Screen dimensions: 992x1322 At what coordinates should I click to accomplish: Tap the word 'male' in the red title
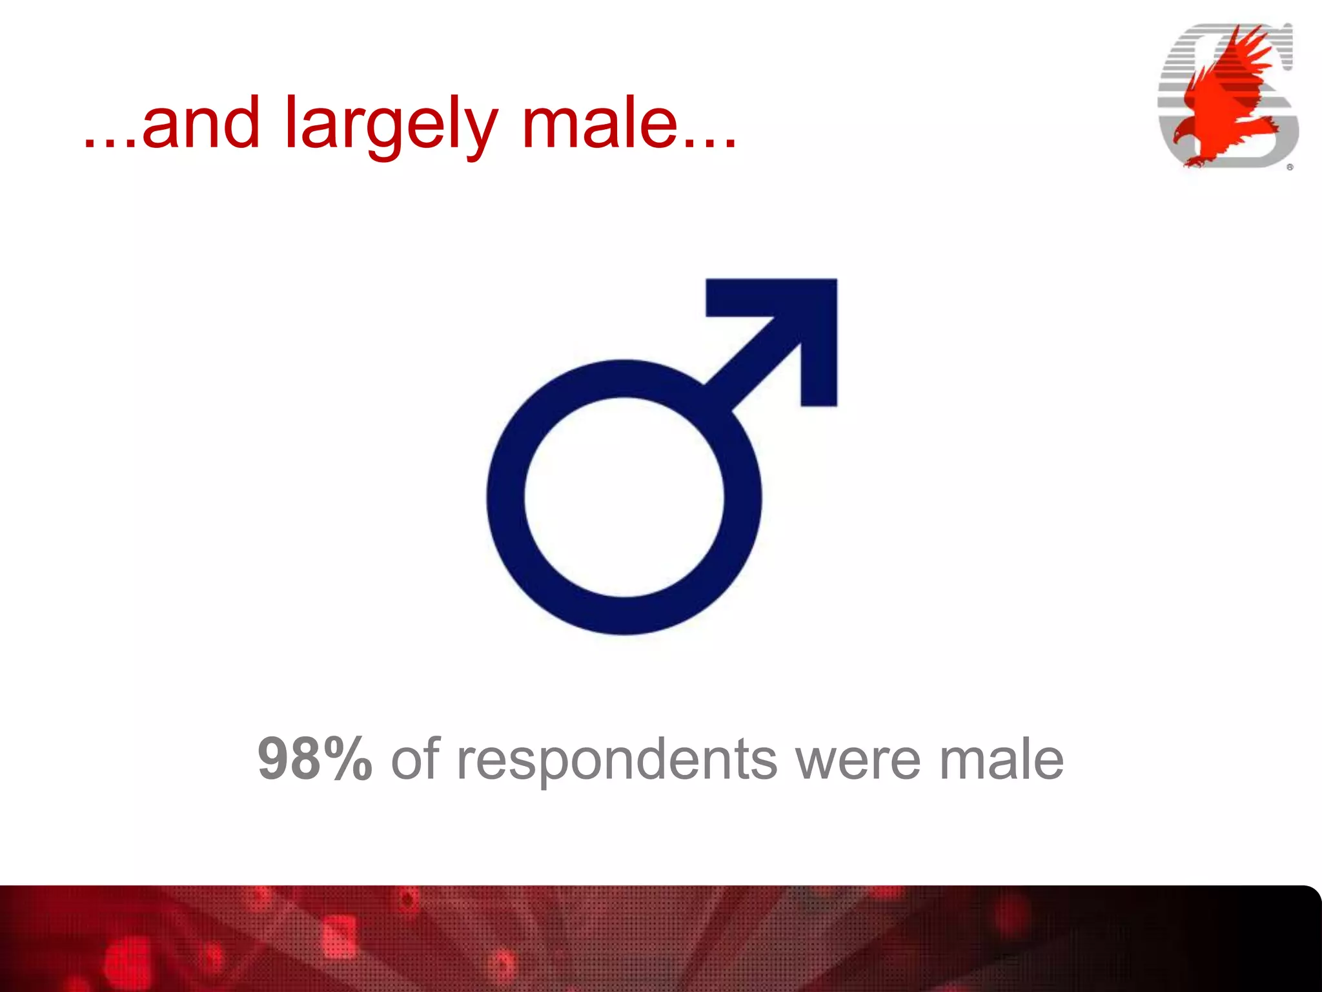600,123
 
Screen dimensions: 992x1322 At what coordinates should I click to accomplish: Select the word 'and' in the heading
201,123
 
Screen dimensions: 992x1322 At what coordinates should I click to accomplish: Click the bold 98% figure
314,759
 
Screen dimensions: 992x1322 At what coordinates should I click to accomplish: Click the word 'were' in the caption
858,760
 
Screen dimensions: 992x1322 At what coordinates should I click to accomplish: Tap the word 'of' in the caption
415,759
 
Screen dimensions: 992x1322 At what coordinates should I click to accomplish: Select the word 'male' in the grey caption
1001,759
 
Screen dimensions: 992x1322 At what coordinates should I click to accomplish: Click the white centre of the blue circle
624,497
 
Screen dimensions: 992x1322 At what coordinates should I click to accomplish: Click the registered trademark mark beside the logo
1290,167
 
